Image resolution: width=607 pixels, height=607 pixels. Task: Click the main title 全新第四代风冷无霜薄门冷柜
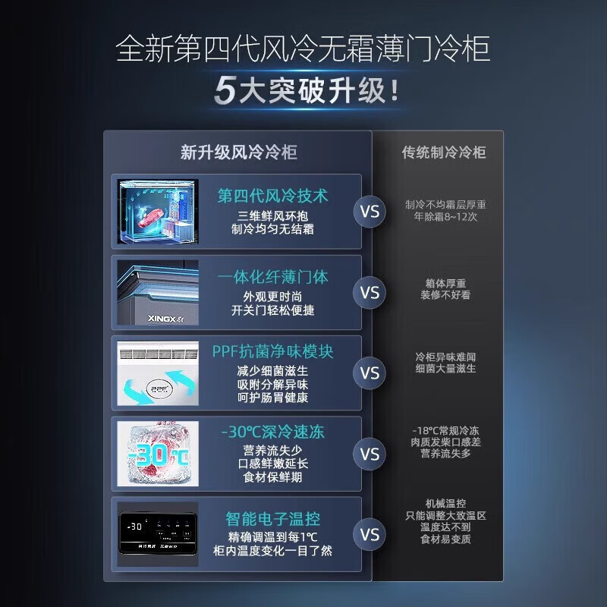[x=303, y=50]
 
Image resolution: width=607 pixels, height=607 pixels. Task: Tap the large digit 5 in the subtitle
[x=225, y=92]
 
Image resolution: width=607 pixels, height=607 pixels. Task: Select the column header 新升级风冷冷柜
[x=238, y=153]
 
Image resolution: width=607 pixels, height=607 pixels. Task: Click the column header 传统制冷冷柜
[x=443, y=153]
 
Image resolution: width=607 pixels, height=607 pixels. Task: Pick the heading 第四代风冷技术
[x=273, y=196]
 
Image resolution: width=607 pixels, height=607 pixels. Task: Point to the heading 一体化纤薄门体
[x=273, y=277]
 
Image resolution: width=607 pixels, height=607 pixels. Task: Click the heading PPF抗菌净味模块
[x=273, y=352]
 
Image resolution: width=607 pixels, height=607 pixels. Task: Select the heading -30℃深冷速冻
[x=273, y=432]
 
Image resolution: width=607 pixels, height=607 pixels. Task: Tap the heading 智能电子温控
[x=273, y=519]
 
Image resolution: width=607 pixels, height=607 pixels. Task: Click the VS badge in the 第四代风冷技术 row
[x=370, y=212]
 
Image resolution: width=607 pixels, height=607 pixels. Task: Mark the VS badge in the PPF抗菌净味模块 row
[x=370, y=373]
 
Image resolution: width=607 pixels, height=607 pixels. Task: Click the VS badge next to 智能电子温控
[x=370, y=535]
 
